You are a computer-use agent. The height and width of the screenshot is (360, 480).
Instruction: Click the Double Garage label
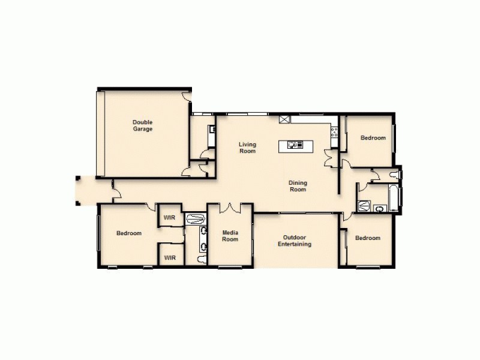click(143, 125)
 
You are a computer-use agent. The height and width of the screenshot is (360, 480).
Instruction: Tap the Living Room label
click(247, 147)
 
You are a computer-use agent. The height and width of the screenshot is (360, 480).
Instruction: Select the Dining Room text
click(298, 186)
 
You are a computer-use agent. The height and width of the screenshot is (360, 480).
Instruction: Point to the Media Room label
click(230, 236)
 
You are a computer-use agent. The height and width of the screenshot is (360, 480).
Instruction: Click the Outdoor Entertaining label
click(294, 241)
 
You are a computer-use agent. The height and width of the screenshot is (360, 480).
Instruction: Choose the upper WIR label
click(170, 217)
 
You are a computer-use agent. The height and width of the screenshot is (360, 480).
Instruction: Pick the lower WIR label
click(170, 258)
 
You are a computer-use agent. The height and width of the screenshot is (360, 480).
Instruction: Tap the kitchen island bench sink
click(295, 145)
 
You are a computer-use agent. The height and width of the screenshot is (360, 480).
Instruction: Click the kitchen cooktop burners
click(334, 132)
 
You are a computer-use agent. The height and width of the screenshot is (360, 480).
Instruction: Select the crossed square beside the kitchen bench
click(284, 119)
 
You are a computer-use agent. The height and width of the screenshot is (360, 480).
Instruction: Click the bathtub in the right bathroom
click(394, 198)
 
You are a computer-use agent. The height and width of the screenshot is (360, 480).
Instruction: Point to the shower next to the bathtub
click(364, 205)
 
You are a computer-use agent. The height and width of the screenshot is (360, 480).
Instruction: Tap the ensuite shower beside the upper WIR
click(195, 219)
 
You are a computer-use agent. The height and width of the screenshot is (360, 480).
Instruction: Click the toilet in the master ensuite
click(200, 259)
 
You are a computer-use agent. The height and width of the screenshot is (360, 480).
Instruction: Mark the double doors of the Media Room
click(230, 208)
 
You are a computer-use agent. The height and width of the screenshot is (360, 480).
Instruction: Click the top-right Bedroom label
click(373, 138)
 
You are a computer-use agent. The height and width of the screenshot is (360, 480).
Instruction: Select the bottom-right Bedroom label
click(367, 238)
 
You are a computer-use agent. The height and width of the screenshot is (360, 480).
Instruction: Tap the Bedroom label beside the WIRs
click(129, 233)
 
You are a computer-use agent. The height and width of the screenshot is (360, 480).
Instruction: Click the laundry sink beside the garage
click(212, 128)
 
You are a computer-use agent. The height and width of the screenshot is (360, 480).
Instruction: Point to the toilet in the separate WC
click(394, 175)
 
